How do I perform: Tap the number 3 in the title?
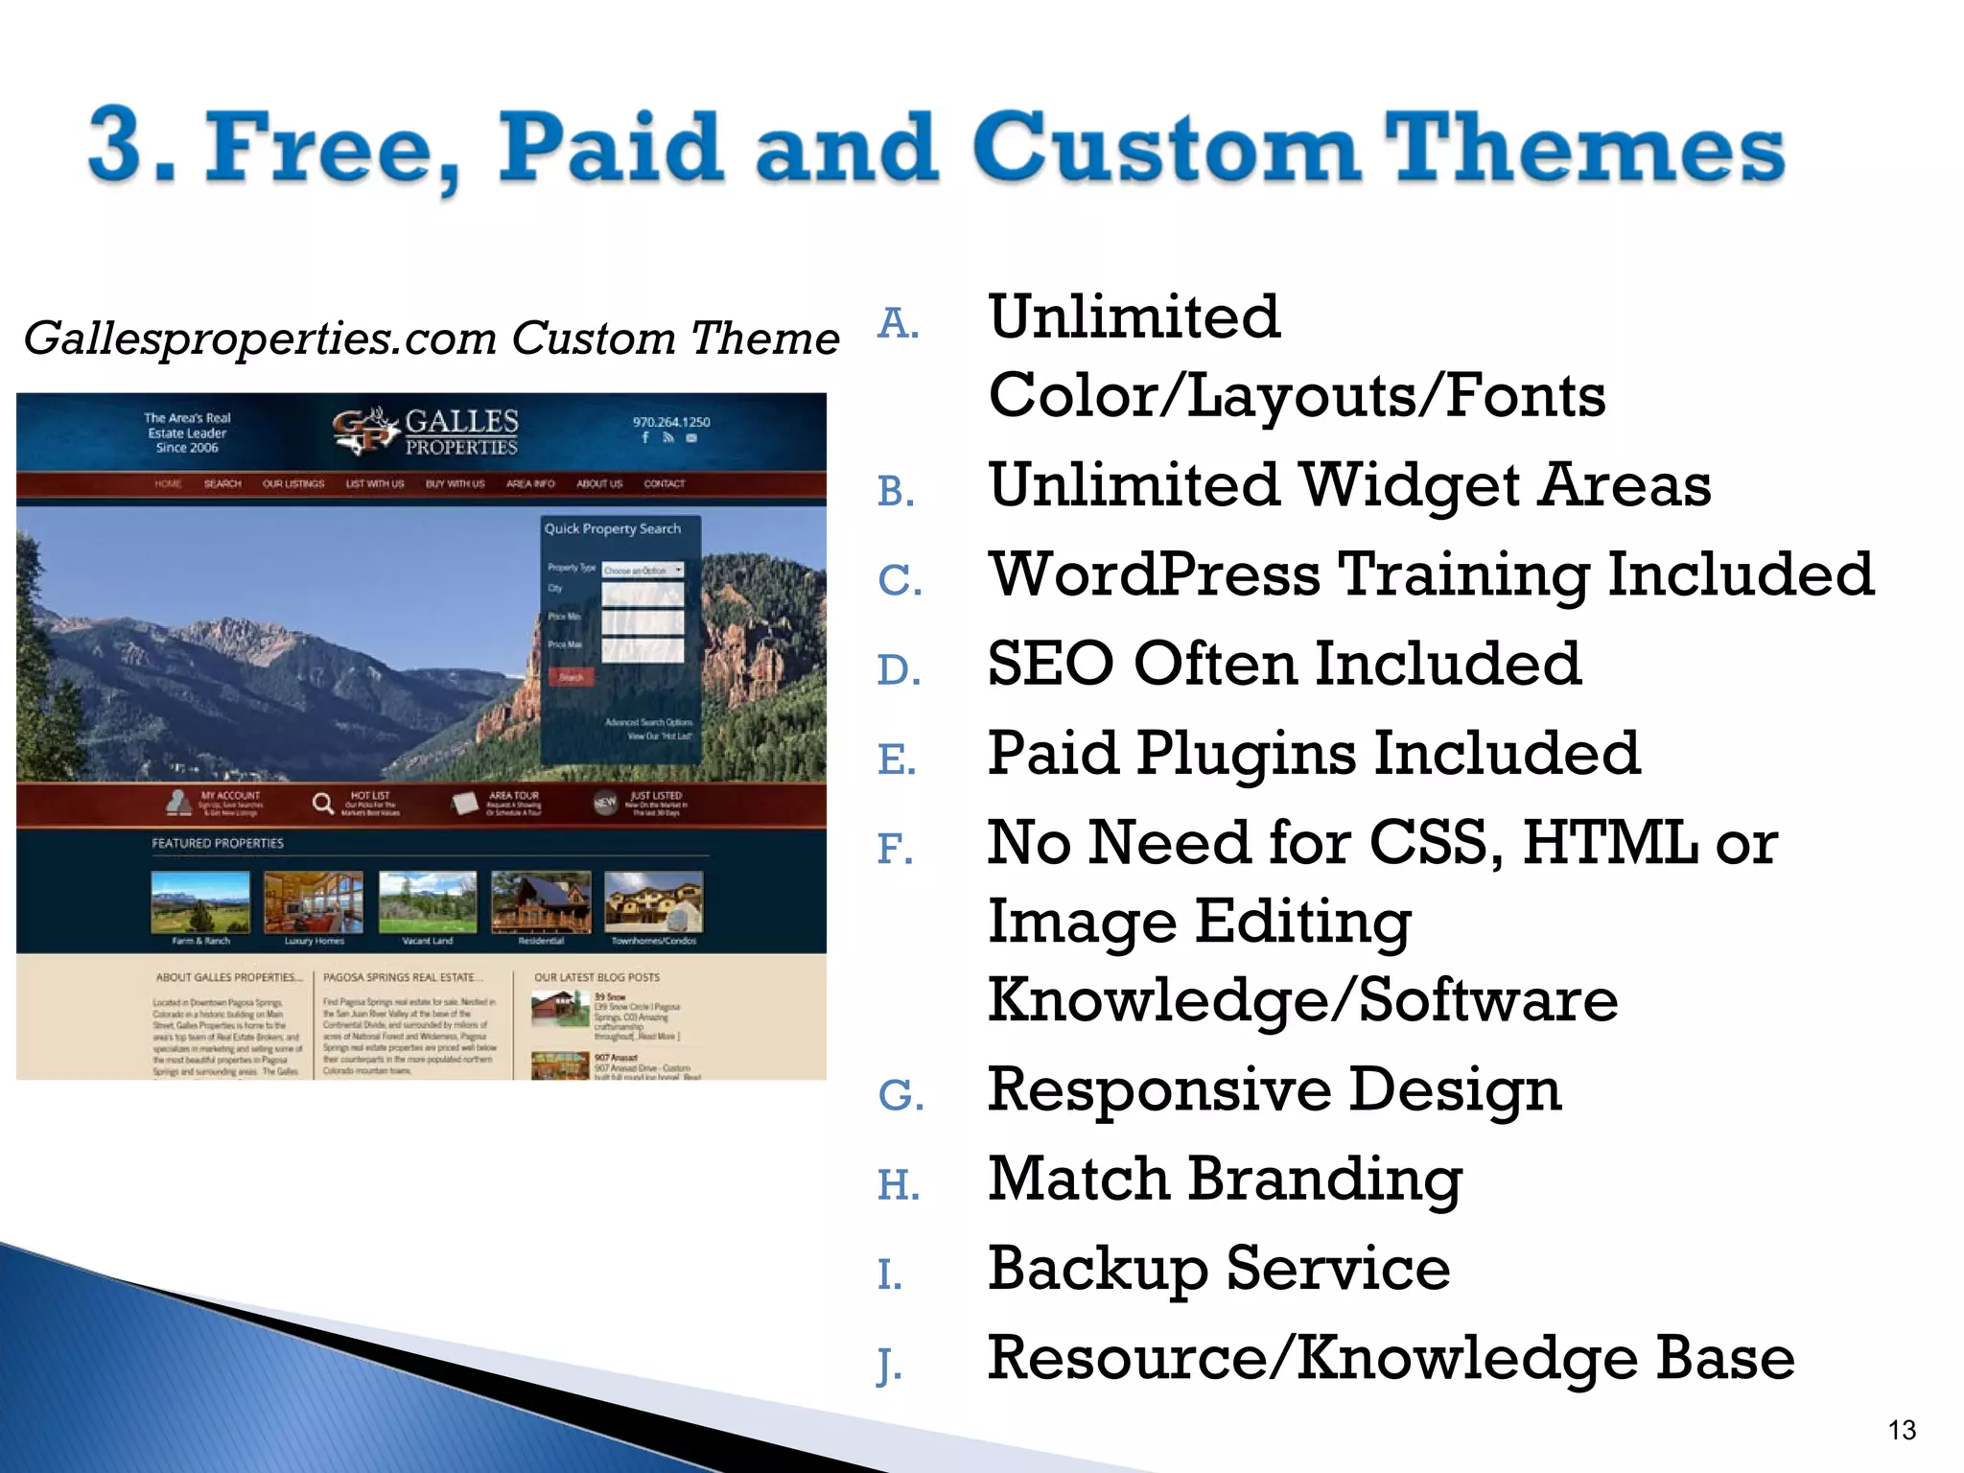pos(121,146)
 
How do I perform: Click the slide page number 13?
pos(1901,1430)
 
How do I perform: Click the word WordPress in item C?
pos(1155,574)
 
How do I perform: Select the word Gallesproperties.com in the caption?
pos(260,339)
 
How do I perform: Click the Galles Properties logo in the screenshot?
pos(426,432)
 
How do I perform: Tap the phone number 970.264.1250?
pos(671,422)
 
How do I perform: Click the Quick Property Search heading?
pos(613,528)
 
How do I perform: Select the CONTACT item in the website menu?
pos(664,484)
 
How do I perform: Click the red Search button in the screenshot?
pos(572,677)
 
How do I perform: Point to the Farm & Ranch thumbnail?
pos(200,901)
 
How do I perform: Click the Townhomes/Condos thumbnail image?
pos(654,901)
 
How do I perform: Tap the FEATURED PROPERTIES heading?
pos(218,843)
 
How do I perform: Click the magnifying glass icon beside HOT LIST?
pos(323,803)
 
